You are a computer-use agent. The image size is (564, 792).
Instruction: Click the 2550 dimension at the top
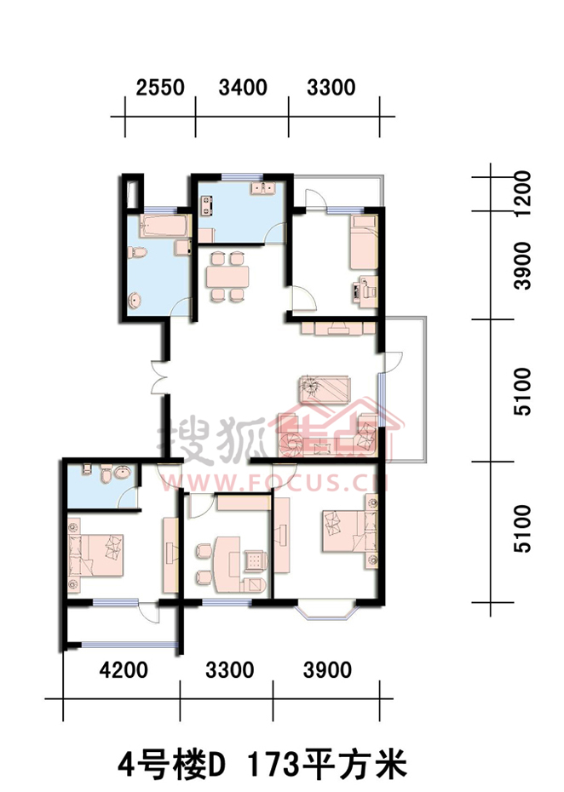[x=160, y=88]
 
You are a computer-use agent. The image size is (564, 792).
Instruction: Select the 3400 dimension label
[x=243, y=88]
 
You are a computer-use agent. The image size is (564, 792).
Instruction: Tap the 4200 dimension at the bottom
[x=124, y=670]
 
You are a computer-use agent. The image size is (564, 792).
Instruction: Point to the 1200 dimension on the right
[x=522, y=192]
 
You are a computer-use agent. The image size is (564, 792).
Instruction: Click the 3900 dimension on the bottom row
[x=327, y=670]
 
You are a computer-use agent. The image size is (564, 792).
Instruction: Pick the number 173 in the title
[x=268, y=765]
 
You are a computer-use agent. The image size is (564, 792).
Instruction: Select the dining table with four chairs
[x=227, y=276]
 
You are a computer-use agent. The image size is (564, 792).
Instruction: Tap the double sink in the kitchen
[x=262, y=189]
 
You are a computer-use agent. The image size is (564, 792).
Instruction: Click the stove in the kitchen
[x=207, y=206]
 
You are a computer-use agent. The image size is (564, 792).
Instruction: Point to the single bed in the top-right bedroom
[x=364, y=243]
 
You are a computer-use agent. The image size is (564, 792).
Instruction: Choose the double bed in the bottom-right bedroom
[x=349, y=532]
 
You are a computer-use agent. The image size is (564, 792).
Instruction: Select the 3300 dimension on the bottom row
[x=229, y=670]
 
